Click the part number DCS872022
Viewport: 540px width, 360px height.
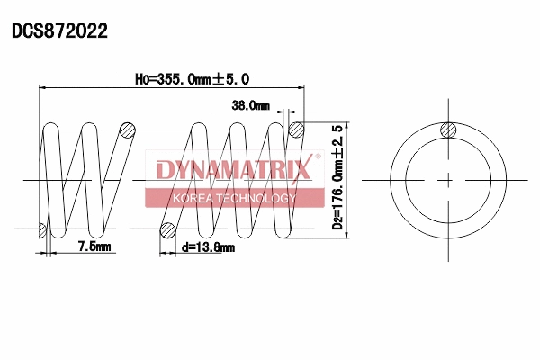click(59, 31)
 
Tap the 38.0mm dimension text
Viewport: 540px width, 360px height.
click(250, 105)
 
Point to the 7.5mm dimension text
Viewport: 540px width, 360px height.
click(94, 246)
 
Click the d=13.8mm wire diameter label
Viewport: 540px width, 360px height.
click(207, 247)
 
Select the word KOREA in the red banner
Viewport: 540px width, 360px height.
click(193, 198)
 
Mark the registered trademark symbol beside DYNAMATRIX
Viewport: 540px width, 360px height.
click(316, 157)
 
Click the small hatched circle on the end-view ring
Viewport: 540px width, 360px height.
click(447, 131)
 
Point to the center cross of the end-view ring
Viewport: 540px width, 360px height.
click(447, 181)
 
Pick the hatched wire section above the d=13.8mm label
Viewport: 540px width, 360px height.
click(166, 230)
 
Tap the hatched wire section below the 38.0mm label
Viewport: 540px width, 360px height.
click(296, 130)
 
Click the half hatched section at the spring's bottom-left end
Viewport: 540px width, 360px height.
click(42, 231)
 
